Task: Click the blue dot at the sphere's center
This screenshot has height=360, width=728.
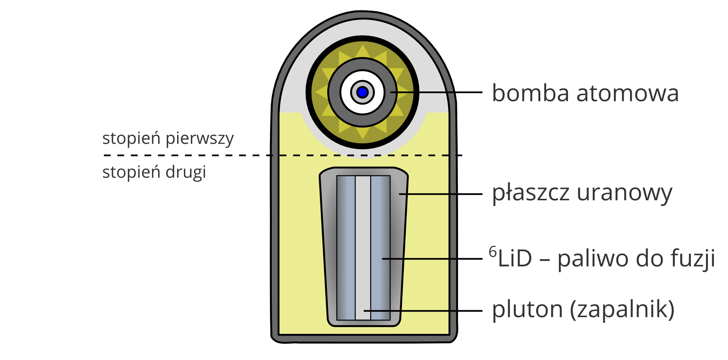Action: (362, 92)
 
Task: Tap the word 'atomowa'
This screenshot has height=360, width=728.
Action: (628, 93)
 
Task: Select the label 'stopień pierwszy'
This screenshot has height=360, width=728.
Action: (168, 138)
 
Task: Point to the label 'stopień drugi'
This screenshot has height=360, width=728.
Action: (154, 172)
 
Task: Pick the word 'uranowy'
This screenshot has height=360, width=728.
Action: (624, 193)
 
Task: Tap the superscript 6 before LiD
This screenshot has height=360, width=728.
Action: (493, 252)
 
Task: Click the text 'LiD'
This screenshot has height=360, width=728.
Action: (515, 259)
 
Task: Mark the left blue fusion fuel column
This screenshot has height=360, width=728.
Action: (346, 247)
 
